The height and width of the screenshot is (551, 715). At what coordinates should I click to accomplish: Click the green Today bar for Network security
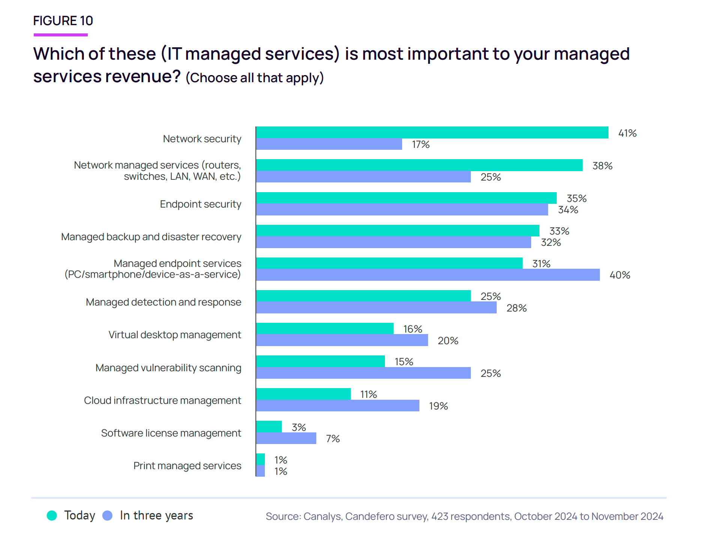pos(431,132)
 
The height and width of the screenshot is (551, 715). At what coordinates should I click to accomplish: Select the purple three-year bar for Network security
pos(329,144)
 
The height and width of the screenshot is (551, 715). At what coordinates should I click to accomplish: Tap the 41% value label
pos(627,133)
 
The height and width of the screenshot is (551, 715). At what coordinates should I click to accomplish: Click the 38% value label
pos(602,166)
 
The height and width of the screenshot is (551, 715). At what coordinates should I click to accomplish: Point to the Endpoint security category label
pos(200,204)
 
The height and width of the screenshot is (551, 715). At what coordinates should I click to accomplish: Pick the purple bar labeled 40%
pos(428,275)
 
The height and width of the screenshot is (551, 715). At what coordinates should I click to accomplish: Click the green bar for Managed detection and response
pos(363,296)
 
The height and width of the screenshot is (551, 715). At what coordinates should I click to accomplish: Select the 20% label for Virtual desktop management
pos(448,341)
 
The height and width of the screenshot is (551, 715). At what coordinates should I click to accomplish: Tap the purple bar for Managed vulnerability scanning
pos(363,373)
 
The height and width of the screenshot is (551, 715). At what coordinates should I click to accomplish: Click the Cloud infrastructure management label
pos(162,400)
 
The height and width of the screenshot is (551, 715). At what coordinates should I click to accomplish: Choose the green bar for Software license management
pos(269,427)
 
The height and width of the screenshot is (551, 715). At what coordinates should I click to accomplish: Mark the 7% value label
pos(333,439)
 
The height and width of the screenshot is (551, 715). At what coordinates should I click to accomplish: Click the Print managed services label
pos(187,466)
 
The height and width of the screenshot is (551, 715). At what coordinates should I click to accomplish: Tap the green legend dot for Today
pos(52,516)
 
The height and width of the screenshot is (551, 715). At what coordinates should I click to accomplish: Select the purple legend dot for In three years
pos(108,516)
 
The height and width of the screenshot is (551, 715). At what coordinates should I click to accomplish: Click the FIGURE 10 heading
pos(63,21)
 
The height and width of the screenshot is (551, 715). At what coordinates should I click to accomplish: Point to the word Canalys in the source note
pos(322,516)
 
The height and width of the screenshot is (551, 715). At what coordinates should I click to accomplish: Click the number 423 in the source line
pos(439,516)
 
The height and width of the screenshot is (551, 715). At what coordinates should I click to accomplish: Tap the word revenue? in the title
pos(143,77)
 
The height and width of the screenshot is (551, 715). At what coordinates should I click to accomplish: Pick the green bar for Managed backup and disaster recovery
pos(398,230)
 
